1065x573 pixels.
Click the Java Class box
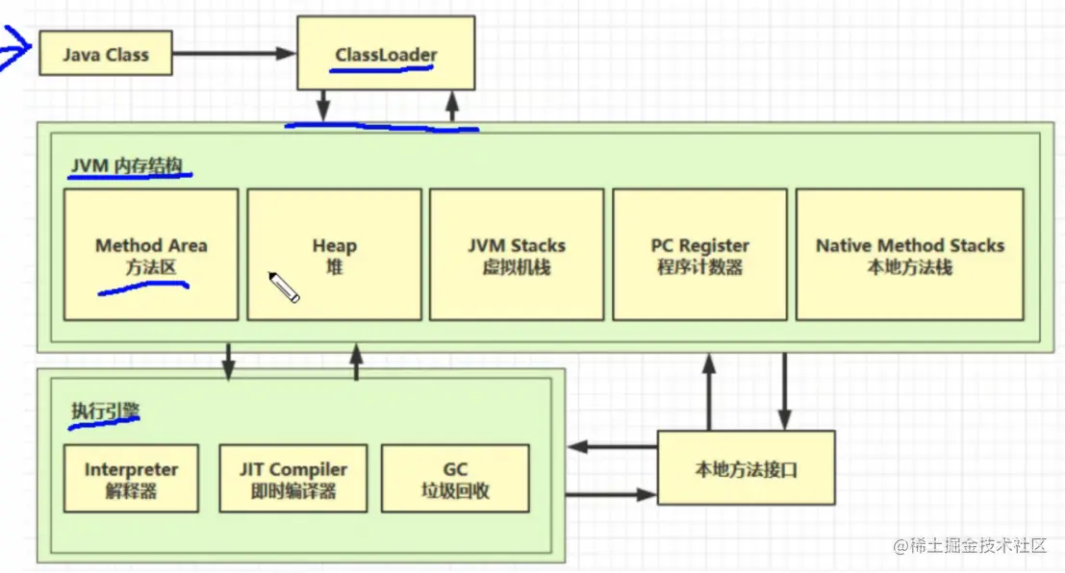click(106, 54)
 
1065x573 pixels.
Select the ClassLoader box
click(385, 54)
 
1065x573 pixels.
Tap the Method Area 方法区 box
click(151, 254)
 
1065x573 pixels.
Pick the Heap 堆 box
click(334, 254)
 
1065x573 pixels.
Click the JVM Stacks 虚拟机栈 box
click(517, 254)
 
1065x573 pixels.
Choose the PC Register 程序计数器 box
click(699, 254)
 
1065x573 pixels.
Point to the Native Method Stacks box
click(909, 254)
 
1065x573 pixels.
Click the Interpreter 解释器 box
click(131, 478)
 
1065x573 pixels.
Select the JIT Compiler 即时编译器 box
click(293, 478)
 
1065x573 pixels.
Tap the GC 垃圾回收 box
click(455, 478)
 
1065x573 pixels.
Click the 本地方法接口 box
click(746, 470)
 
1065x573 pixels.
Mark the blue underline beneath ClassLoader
click(385, 71)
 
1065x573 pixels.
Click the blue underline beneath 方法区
click(144, 286)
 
